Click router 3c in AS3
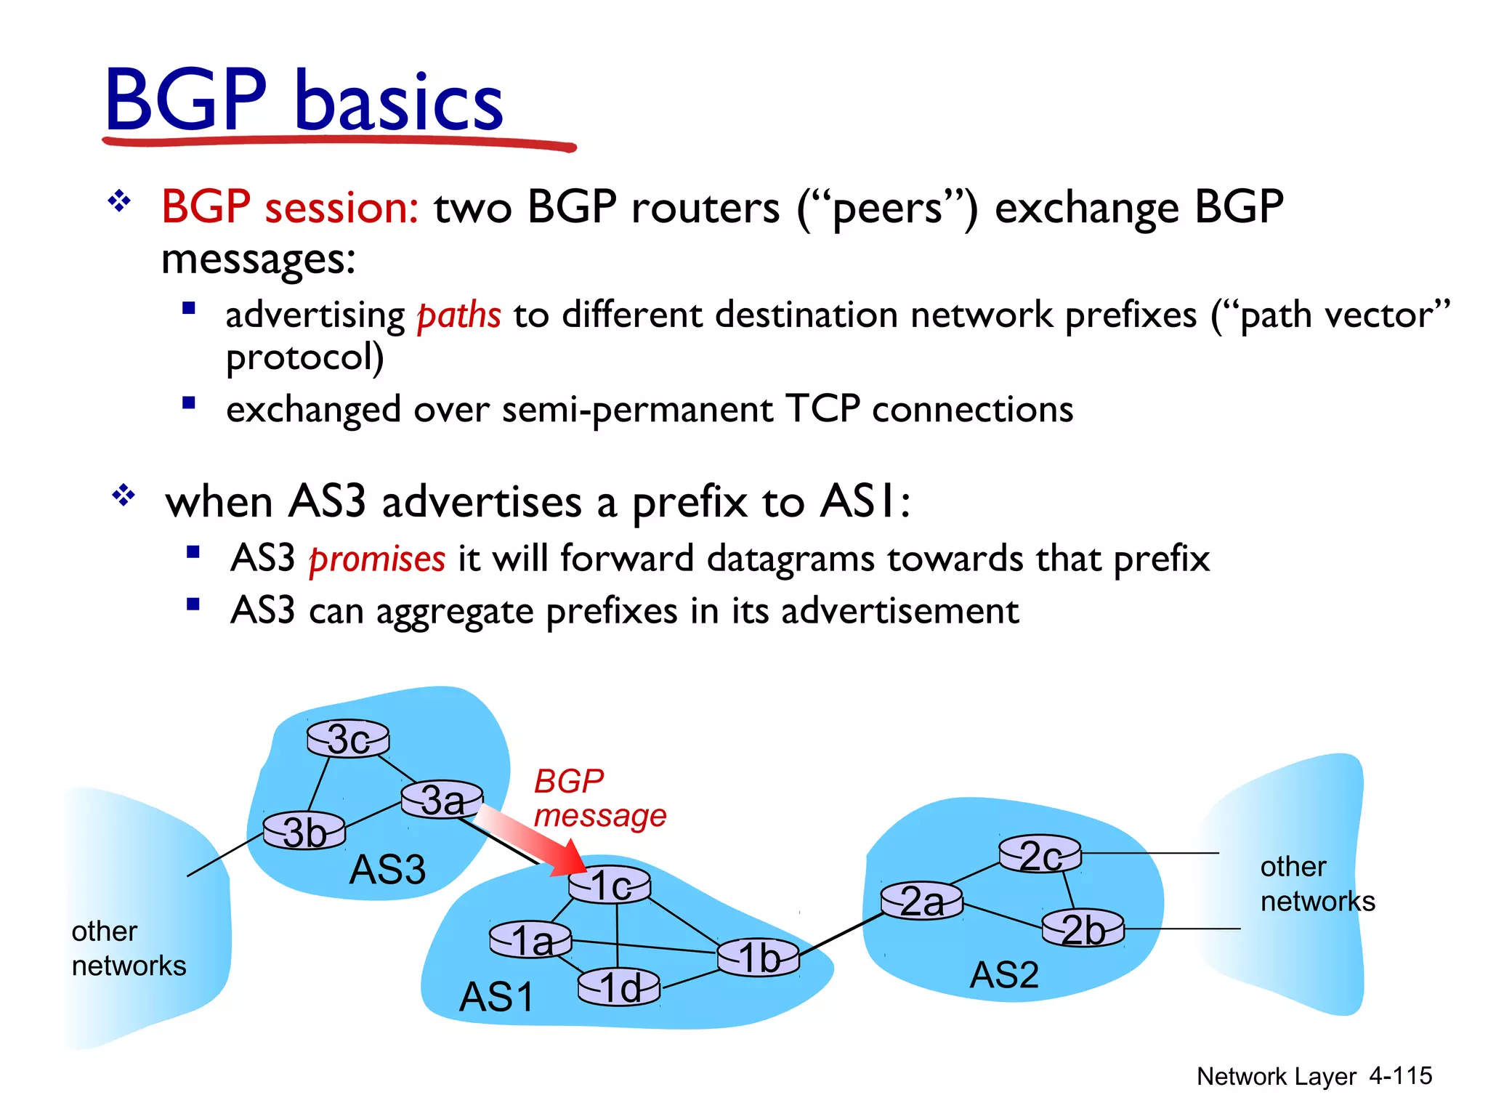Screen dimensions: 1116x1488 pyautogui.click(x=348, y=739)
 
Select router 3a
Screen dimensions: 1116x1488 pyautogui.click(x=442, y=800)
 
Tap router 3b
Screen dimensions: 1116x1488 pyautogui.click(x=304, y=831)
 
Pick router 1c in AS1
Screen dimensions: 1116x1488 pyautogui.click(x=609, y=885)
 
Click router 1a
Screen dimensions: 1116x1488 pyautogui.click(x=530, y=940)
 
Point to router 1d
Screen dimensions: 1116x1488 pyautogui.click(x=619, y=987)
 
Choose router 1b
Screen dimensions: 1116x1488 pyautogui.click(x=758, y=957)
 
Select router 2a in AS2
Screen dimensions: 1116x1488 pyautogui.click(x=921, y=902)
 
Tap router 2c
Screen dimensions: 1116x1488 pyautogui.click(x=1040, y=854)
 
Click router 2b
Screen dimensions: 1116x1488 pyautogui.click(x=1083, y=929)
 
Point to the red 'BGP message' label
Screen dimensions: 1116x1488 pyautogui.click(x=599, y=798)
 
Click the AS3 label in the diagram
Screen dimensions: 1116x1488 pyautogui.click(x=387, y=869)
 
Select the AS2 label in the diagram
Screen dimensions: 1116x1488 pyautogui.click(x=1004, y=974)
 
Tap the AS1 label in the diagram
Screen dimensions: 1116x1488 pyautogui.click(x=496, y=996)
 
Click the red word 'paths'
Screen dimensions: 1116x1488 pyautogui.click(x=458, y=315)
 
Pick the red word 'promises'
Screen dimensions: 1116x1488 pyautogui.click(x=376, y=559)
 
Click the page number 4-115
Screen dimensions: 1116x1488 pyautogui.click(x=1400, y=1075)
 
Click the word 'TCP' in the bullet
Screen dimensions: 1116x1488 pyautogui.click(x=822, y=408)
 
